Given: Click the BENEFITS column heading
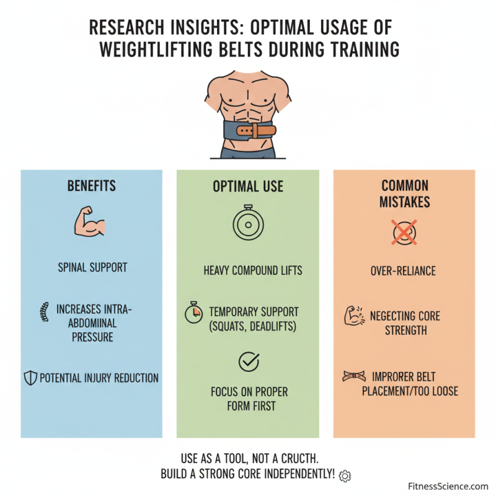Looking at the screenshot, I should pyautogui.click(x=92, y=186).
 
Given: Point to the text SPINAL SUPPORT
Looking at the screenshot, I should pyautogui.click(x=92, y=268).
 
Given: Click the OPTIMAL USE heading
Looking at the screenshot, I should pyautogui.click(x=247, y=186).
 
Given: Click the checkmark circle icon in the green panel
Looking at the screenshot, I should pyautogui.click(x=248, y=361).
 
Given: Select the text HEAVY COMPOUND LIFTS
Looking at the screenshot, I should pyautogui.click(x=253, y=270).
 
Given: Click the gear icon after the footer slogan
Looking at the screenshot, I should pyautogui.click(x=345, y=476).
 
